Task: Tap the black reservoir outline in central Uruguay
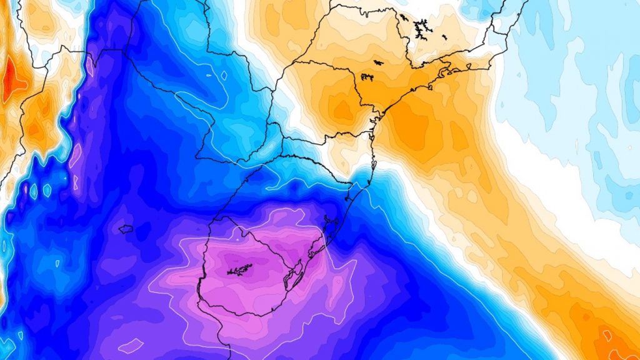click(239, 270)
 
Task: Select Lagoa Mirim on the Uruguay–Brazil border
click(291, 273)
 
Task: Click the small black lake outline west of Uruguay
click(126, 229)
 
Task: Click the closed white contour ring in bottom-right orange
click(605, 336)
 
